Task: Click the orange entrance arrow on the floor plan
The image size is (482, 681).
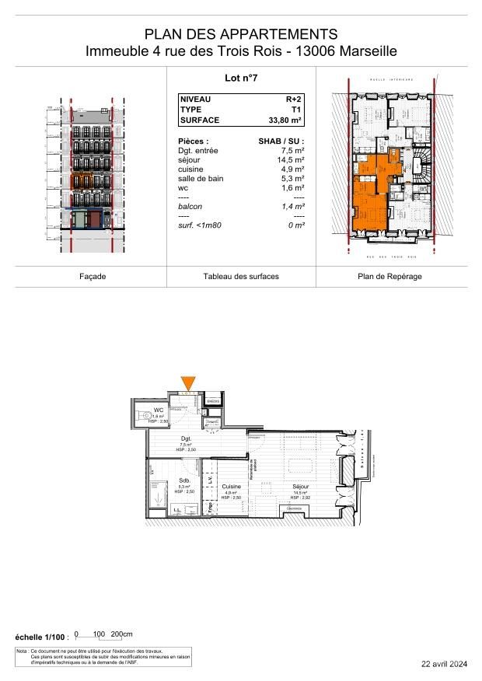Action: click(188, 382)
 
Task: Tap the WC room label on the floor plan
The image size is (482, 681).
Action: click(158, 410)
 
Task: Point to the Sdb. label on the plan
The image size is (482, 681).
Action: click(184, 480)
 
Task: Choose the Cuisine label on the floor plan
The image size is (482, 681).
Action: click(231, 486)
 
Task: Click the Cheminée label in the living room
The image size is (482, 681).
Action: click(294, 508)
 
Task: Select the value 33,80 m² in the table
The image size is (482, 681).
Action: click(285, 120)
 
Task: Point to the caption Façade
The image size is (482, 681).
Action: click(93, 277)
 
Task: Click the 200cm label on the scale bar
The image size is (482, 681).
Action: click(122, 634)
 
